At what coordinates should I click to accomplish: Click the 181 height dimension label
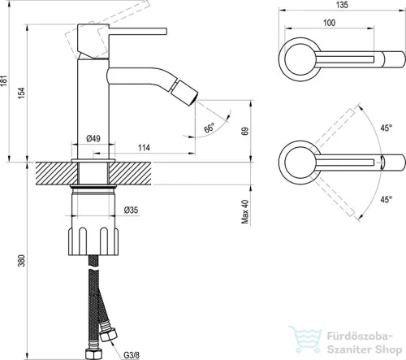click(x=4, y=80)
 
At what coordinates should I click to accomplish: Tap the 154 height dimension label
click(x=21, y=93)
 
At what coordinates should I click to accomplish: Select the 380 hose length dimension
click(x=21, y=260)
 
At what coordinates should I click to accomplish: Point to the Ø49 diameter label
click(x=93, y=139)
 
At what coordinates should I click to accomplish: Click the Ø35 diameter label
click(x=131, y=210)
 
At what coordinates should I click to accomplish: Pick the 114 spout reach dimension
click(x=144, y=148)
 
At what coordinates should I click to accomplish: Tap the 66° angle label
click(x=209, y=128)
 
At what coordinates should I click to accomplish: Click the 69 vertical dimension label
click(x=245, y=132)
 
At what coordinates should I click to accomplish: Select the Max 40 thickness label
click(x=245, y=211)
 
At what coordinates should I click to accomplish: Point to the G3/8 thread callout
click(x=132, y=355)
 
